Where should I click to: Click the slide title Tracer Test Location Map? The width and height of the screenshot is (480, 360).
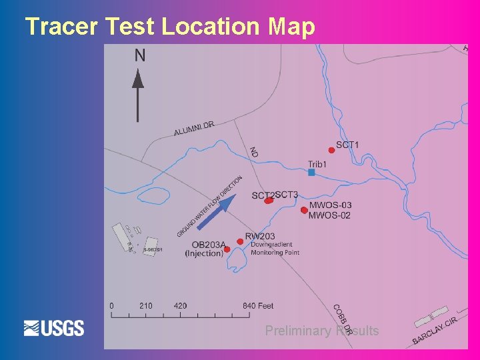coord(169,27)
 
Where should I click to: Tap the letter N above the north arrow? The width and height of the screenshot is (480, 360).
coord(139,55)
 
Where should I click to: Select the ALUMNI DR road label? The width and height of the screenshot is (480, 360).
coord(194,128)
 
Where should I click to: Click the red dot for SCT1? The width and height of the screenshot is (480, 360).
coord(331,150)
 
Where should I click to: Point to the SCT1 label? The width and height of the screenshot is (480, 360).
coord(347,145)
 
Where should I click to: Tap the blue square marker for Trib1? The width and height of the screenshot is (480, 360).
coord(311,172)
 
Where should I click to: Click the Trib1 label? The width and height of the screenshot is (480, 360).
coord(317,163)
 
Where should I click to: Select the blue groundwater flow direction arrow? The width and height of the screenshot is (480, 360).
coord(215,211)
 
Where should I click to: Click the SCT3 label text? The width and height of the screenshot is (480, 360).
coord(287,195)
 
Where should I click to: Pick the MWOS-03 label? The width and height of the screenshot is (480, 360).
coord(330,205)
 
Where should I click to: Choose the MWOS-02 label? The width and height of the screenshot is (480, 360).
coord(330,215)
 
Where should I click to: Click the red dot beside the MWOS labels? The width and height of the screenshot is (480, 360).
coord(304,211)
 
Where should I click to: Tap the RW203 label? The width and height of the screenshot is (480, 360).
coord(260,236)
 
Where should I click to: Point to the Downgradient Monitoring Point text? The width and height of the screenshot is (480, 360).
coord(275,249)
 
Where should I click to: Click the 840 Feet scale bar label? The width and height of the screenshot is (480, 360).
coord(258,306)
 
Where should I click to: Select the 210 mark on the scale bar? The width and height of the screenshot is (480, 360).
coord(145,306)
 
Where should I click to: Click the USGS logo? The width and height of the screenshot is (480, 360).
coord(54,328)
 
